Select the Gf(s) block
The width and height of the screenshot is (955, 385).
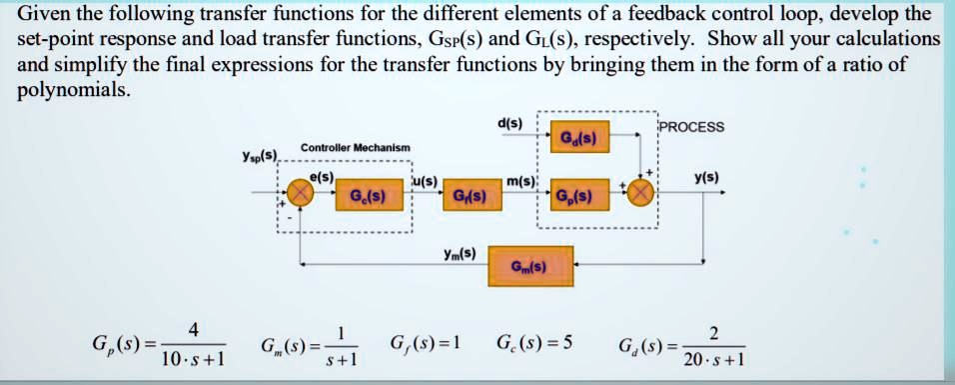click(x=471, y=195)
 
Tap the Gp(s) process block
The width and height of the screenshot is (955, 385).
click(x=575, y=195)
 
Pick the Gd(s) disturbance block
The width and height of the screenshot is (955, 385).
click(x=577, y=137)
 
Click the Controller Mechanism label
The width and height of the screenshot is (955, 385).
click(x=356, y=147)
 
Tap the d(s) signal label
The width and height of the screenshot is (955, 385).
click(x=508, y=124)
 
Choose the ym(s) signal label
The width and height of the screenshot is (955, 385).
click(x=462, y=252)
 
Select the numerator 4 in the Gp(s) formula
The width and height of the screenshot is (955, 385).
click(x=193, y=330)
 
